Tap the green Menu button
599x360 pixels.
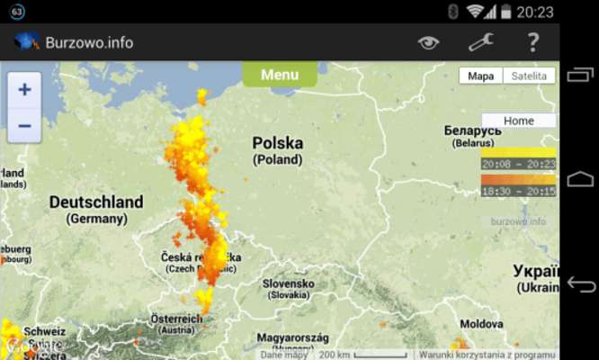click(x=279, y=75)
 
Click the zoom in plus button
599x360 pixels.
click(x=24, y=89)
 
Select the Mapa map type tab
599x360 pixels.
click(x=480, y=76)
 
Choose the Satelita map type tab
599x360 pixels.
click(x=529, y=76)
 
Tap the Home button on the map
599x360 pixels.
click(x=518, y=121)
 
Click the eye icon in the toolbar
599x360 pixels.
click(x=429, y=42)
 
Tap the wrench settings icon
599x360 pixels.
click(x=481, y=42)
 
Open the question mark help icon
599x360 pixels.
click(x=532, y=42)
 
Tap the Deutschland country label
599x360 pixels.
click(x=95, y=202)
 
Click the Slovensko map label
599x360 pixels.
click(x=289, y=283)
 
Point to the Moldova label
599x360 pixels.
click(x=482, y=323)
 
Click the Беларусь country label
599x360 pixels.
click(x=472, y=131)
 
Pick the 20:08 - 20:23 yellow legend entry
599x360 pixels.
click(x=518, y=164)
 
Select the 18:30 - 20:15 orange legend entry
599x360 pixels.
click(x=518, y=191)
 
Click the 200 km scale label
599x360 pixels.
click(x=334, y=355)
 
